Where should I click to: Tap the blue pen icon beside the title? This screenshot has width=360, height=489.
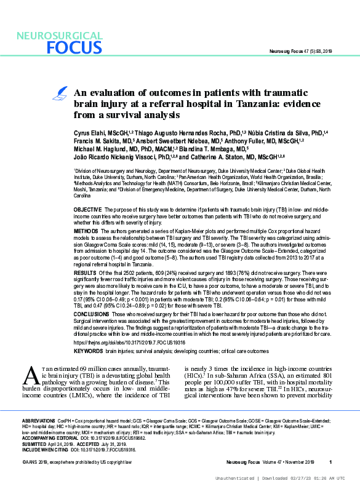pos(61,93)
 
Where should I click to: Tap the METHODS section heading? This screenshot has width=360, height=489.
pos(87,230)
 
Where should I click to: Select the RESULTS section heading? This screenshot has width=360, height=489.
pos(86,271)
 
